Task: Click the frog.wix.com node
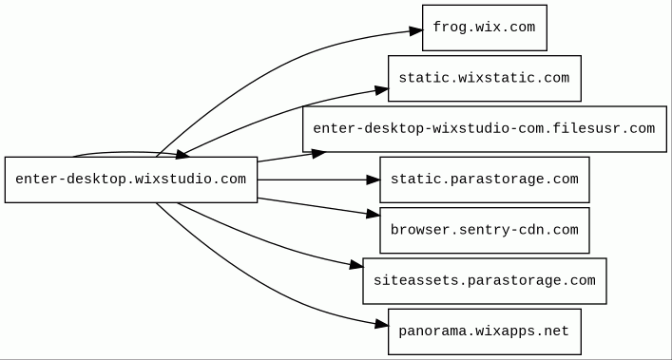[x=485, y=28]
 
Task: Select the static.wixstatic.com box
[x=485, y=78]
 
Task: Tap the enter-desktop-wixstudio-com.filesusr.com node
[x=485, y=129]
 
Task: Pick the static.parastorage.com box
[x=485, y=180]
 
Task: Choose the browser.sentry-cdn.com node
[x=485, y=230]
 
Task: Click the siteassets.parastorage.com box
[x=485, y=281]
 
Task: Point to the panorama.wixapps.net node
[x=485, y=332]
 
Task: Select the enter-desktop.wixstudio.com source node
[x=131, y=180]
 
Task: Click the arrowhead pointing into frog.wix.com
[x=415, y=30]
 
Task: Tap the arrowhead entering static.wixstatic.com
[x=381, y=90]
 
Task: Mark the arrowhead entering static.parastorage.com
[x=373, y=180]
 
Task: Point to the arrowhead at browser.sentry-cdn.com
[x=373, y=214]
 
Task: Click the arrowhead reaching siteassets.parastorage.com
[x=356, y=265]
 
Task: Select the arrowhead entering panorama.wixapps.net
[x=381, y=325]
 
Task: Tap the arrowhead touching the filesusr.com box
[x=318, y=153]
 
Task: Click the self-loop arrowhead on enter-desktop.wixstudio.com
[x=182, y=155]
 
